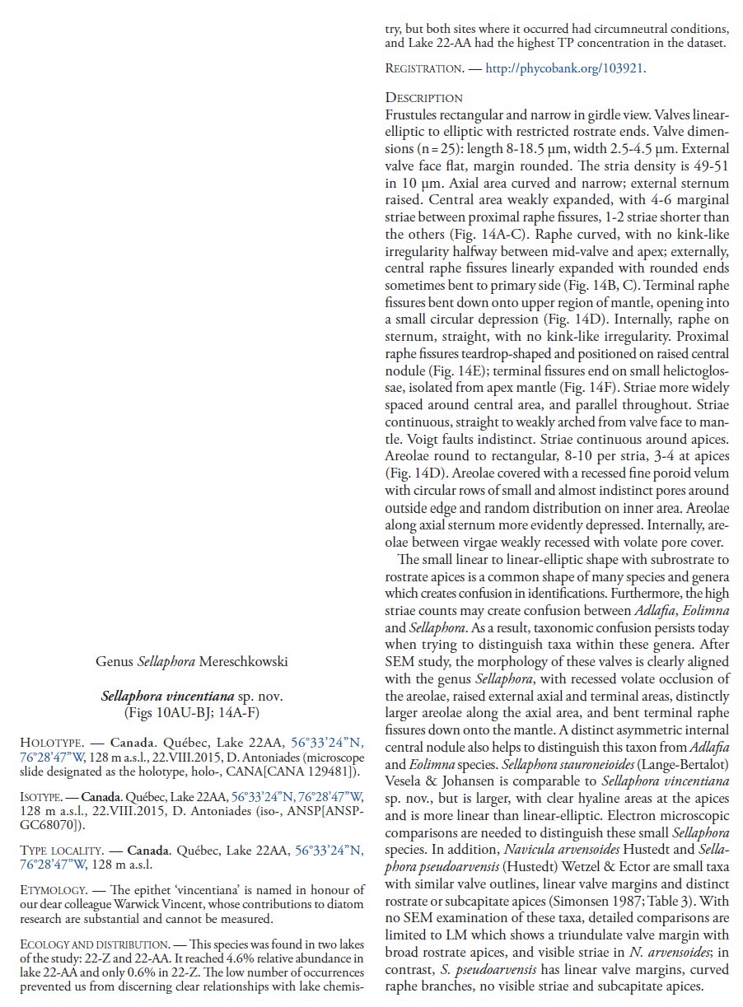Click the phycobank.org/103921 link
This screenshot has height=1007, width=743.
click(564, 69)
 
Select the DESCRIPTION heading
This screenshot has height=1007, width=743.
click(423, 98)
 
